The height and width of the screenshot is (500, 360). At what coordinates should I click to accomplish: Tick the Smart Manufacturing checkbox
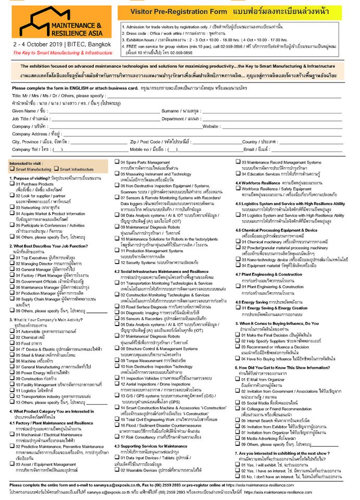tap(12, 169)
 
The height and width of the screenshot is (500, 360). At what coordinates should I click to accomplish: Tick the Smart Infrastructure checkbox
tap(56, 169)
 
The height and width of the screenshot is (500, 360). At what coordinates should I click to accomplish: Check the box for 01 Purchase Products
tap(12, 184)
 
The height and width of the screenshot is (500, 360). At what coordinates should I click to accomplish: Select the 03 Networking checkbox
tap(12, 206)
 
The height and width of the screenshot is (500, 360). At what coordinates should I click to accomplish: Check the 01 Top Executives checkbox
tap(12, 257)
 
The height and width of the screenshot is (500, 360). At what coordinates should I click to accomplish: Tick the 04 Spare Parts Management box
tap(117, 163)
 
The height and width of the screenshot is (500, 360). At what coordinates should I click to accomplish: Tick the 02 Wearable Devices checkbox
tap(117, 470)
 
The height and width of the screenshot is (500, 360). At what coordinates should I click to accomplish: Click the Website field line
tap(281, 126)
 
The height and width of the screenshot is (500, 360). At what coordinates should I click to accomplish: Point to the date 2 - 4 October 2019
tap(36, 45)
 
